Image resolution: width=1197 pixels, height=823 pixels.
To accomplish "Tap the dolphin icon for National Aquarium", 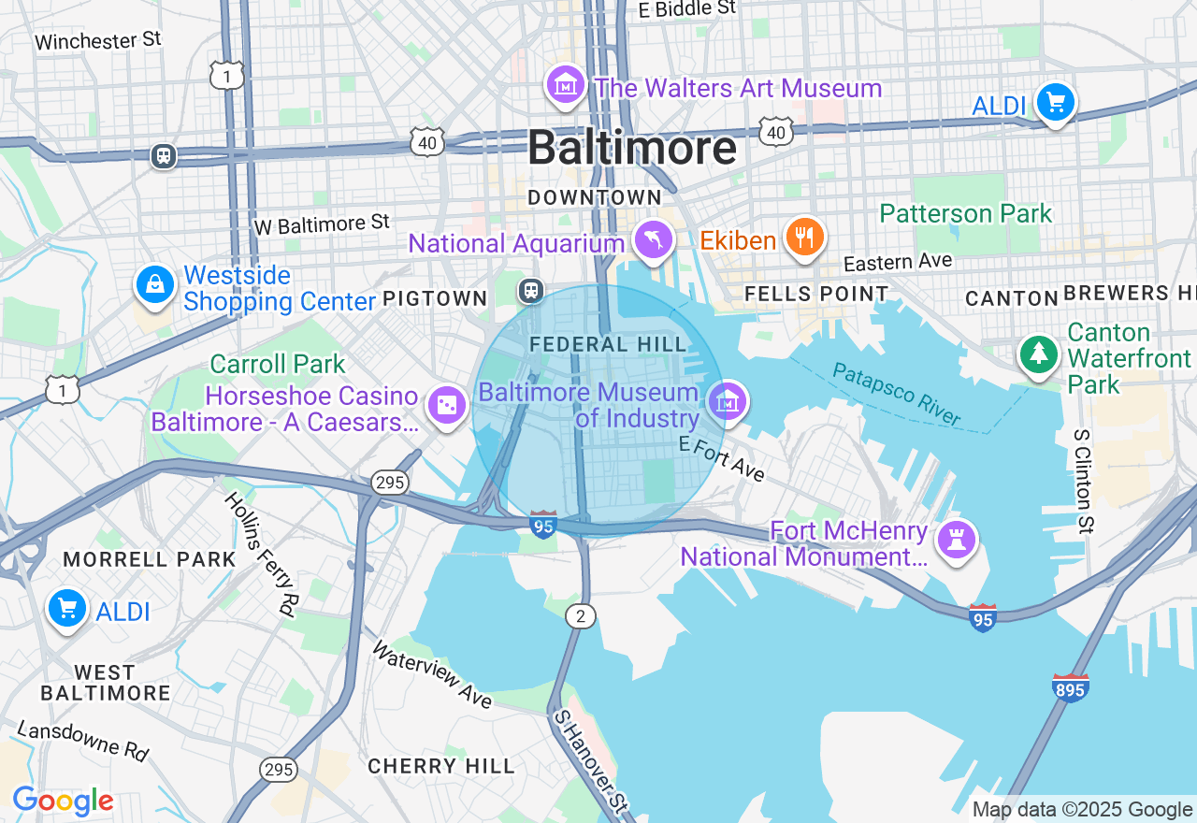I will click(x=653, y=240).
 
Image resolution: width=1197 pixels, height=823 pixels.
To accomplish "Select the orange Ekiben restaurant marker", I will click(x=803, y=238).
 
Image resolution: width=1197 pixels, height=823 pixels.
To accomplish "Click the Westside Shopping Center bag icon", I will click(x=154, y=284).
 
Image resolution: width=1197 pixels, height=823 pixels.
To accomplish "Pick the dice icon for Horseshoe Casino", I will click(x=446, y=406).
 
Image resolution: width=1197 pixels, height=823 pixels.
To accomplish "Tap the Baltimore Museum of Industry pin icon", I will click(x=727, y=402).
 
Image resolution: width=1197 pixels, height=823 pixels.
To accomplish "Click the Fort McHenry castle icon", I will click(x=957, y=541).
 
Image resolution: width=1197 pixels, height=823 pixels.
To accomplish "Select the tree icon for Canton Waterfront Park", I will click(x=1038, y=354).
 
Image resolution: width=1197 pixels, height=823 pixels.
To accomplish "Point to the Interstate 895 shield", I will click(x=1070, y=688).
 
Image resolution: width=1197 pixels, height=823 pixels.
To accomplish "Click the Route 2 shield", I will click(x=581, y=615).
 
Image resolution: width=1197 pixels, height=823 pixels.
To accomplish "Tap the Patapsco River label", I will click(x=896, y=394).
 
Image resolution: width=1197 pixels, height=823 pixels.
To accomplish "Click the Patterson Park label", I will click(x=965, y=213).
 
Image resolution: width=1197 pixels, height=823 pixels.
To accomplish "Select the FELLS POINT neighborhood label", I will click(x=815, y=294).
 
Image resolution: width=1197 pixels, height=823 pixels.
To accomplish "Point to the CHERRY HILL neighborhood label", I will click(x=440, y=766).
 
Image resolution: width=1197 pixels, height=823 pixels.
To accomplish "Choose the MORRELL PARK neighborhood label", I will click(x=150, y=559).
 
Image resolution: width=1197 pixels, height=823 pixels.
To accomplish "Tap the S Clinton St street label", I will click(x=1083, y=481).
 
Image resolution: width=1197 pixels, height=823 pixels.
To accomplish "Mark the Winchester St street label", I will click(x=98, y=40).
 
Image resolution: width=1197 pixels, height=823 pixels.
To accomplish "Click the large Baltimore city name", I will click(x=631, y=148).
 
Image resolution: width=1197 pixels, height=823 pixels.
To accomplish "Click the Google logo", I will click(x=63, y=801).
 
